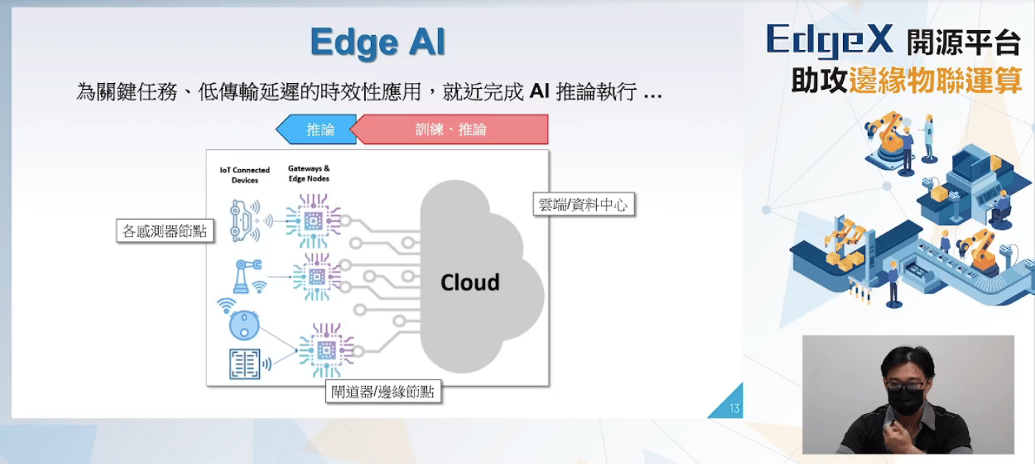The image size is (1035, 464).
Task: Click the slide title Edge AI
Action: click(x=378, y=43)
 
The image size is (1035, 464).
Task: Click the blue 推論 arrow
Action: click(x=317, y=129)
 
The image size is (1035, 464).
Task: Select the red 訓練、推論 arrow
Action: click(x=451, y=129)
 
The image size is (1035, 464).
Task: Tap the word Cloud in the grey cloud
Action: click(x=470, y=282)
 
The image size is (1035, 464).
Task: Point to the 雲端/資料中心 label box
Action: click(x=583, y=204)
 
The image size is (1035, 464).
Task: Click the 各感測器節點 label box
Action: click(x=164, y=232)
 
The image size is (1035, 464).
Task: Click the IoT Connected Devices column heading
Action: click(x=244, y=175)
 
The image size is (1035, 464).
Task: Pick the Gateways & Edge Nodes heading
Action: click(x=308, y=174)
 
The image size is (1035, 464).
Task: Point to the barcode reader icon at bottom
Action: click(x=244, y=363)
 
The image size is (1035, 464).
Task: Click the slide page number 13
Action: click(x=734, y=409)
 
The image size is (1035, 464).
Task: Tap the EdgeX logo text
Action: click(x=829, y=40)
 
